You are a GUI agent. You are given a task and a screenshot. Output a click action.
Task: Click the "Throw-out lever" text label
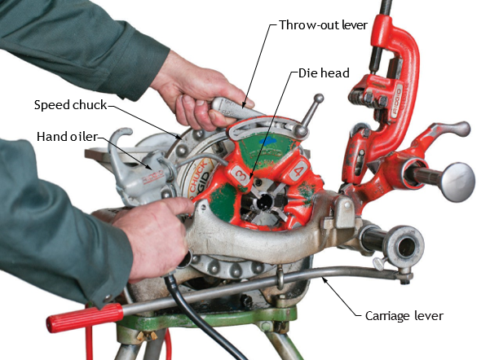pyautogui.click(x=323, y=25)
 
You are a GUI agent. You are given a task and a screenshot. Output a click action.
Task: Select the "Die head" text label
pyautogui.click(x=324, y=73)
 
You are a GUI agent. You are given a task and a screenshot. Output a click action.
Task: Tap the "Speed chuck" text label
pyautogui.click(x=70, y=105)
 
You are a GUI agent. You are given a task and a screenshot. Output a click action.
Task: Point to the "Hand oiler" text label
pyautogui.click(x=67, y=137)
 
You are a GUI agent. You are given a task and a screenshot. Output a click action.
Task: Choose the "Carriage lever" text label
pyautogui.click(x=404, y=316)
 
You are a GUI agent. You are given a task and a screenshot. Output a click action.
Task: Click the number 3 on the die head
pyautogui.click(x=242, y=175)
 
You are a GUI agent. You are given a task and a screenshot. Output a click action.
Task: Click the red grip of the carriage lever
pyautogui.click(x=85, y=318)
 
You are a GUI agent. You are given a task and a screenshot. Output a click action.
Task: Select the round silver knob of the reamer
pyautogui.click(x=458, y=182)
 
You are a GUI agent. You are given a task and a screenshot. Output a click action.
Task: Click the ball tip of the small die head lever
pyautogui.click(x=319, y=99)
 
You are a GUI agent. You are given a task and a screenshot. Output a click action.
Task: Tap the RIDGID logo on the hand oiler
pyautogui.click(x=153, y=177)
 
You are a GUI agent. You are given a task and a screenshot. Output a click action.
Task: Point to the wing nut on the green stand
pyautogui.click(x=148, y=336)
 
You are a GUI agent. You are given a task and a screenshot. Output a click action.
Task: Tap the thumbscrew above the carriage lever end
pyautogui.click(x=379, y=263)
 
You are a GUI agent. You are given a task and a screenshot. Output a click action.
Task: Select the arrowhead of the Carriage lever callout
pyautogui.click(x=324, y=279)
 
